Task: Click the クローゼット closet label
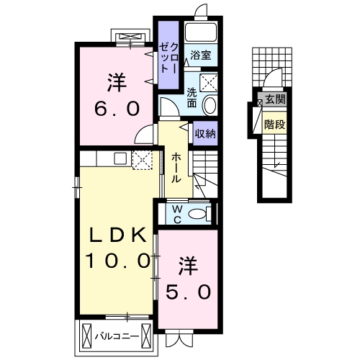(168, 58)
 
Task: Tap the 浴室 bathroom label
(201, 55)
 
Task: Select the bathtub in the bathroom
(201, 32)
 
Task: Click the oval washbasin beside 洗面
(210, 105)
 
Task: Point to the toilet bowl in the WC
(197, 213)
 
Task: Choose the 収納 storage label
(205, 133)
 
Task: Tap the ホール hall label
(176, 168)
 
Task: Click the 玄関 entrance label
(276, 99)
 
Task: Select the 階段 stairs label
(275, 125)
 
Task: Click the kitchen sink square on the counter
(120, 158)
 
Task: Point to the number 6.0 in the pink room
(117, 109)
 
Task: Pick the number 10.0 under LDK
(118, 261)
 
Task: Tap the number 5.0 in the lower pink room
(189, 292)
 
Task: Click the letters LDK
(118, 235)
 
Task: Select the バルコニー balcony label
(117, 336)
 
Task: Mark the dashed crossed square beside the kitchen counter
(143, 160)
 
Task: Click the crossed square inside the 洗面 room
(209, 83)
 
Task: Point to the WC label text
(177, 215)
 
